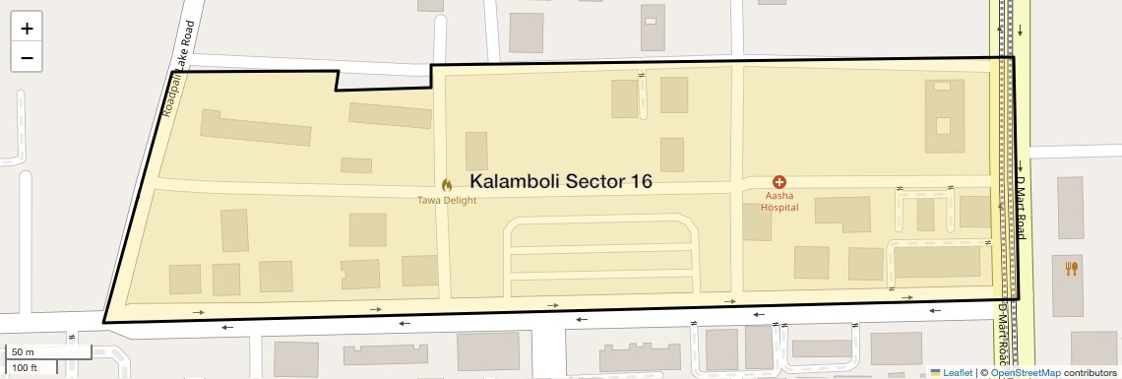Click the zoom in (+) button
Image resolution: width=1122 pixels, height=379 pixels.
tap(27, 28)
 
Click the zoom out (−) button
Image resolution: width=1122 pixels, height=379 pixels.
tap(27, 57)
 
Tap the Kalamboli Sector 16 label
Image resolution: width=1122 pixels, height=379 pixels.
tap(561, 182)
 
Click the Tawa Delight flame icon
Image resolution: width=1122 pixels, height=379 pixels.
tap(446, 184)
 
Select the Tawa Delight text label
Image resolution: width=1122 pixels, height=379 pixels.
tap(446, 200)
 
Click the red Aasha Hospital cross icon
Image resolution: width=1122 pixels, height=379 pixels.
tap(779, 182)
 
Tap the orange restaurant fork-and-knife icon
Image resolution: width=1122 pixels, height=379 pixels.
tap(1072, 267)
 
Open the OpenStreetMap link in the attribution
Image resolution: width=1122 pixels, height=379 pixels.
tap(1025, 373)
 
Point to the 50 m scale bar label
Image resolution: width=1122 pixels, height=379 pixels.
tap(23, 351)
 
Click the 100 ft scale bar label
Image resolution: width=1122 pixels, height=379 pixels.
tap(25, 368)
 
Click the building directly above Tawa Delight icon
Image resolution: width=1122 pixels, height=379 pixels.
tap(476, 151)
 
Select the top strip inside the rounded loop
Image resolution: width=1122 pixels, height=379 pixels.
tap(600, 235)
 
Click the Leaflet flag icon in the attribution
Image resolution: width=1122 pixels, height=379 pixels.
tap(935, 373)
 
